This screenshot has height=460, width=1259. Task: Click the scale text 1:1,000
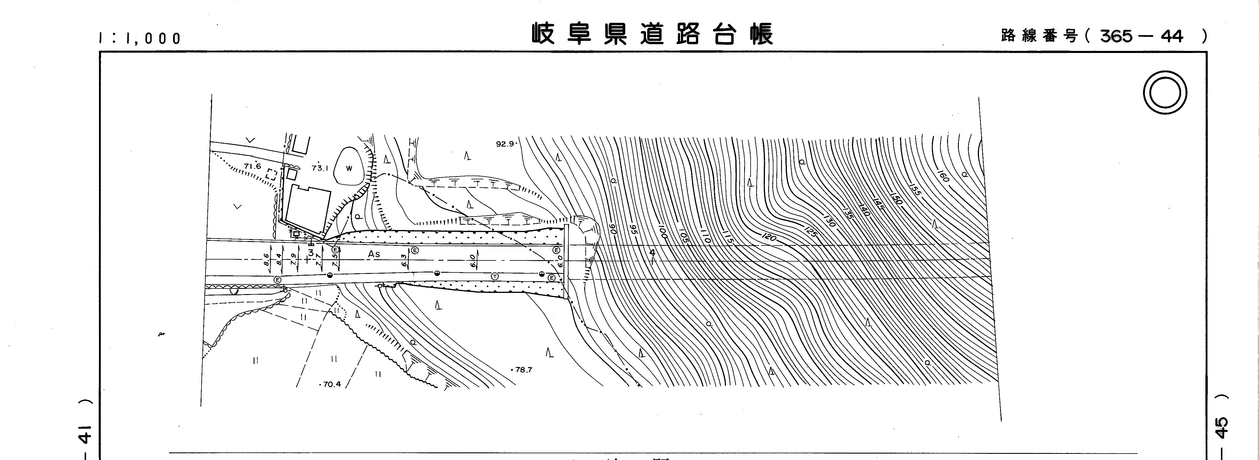click(140, 38)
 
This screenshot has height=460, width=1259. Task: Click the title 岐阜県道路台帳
click(652, 35)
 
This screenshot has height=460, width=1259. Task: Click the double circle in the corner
click(1165, 93)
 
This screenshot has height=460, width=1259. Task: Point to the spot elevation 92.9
click(505, 144)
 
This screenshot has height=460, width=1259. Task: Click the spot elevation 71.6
click(253, 166)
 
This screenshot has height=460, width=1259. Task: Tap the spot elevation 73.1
click(319, 168)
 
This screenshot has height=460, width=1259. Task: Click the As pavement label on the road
click(374, 254)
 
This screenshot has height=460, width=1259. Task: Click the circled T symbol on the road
click(495, 277)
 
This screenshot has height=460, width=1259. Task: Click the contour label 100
click(662, 232)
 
